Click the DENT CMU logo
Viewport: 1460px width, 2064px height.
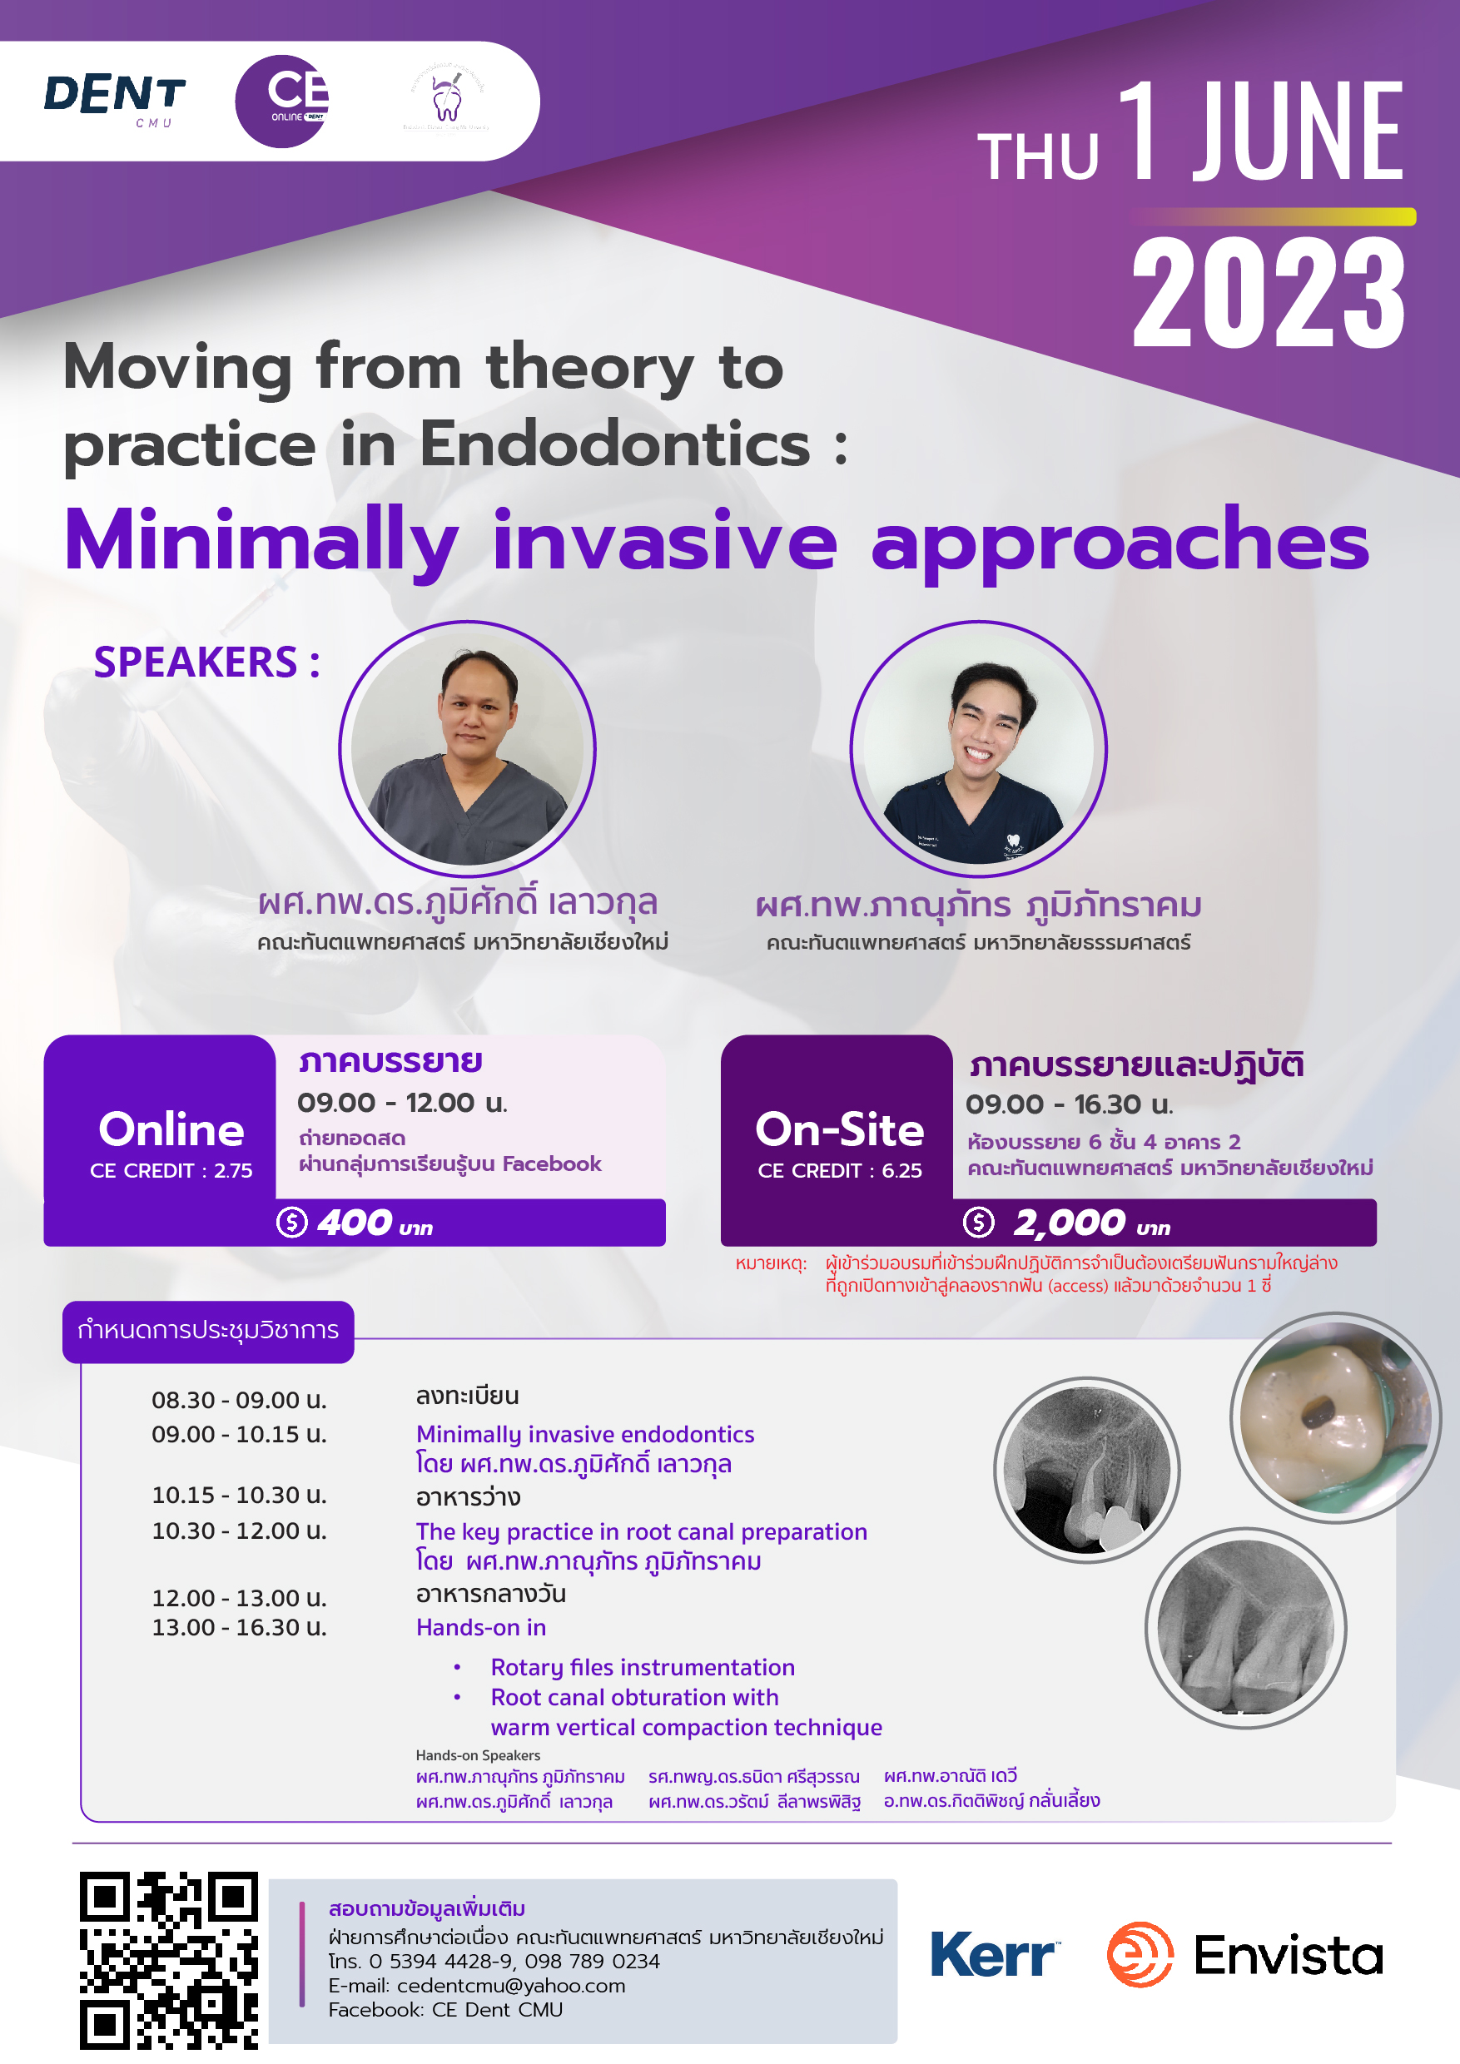click(114, 101)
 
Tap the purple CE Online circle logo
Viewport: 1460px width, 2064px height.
click(281, 101)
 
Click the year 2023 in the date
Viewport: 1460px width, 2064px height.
click(1268, 292)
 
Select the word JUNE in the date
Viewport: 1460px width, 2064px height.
click(1298, 130)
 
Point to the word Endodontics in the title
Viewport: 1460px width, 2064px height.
click(615, 444)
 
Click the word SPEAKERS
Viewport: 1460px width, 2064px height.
click(196, 662)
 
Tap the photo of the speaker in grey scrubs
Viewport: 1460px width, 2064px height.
click(467, 748)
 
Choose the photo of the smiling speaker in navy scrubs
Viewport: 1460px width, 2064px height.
click(978, 748)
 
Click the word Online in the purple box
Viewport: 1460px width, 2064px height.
click(171, 1129)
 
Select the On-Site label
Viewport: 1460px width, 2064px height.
click(840, 1129)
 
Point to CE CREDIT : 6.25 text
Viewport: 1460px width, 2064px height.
click(840, 1170)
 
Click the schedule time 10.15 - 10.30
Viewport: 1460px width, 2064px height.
click(239, 1495)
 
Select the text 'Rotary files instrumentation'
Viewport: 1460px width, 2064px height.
click(643, 1668)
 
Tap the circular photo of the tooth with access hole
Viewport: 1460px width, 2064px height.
click(1335, 1417)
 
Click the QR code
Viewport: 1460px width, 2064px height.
click(169, 1961)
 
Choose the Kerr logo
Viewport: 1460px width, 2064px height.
click(996, 1954)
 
